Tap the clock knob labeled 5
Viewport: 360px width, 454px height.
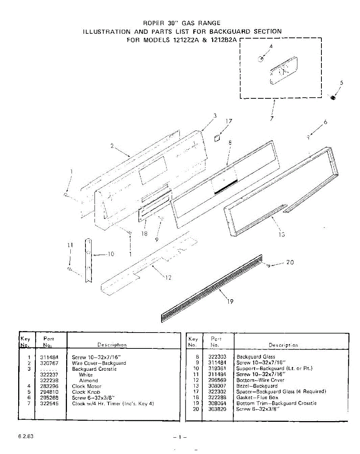(x=333, y=98)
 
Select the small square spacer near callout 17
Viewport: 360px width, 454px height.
(x=217, y=138)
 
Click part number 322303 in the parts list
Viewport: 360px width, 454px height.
(x=217, y=357)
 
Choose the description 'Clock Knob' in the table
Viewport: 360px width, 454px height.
(x=86, y=392)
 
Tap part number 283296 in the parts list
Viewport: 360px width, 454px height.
(x=48, y=386)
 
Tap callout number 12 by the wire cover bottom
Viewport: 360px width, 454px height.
(x=169, y=278)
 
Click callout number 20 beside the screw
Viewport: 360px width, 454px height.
(x=290, y=262)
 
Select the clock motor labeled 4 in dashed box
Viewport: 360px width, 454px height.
(x=261, y=59)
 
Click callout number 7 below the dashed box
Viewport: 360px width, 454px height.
(x=272, y=118)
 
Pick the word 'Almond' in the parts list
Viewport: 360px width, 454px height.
(x=88, y=381)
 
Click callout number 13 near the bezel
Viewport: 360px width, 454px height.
(x=281, y=235)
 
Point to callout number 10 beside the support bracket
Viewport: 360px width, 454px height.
(x=110, y=254)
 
